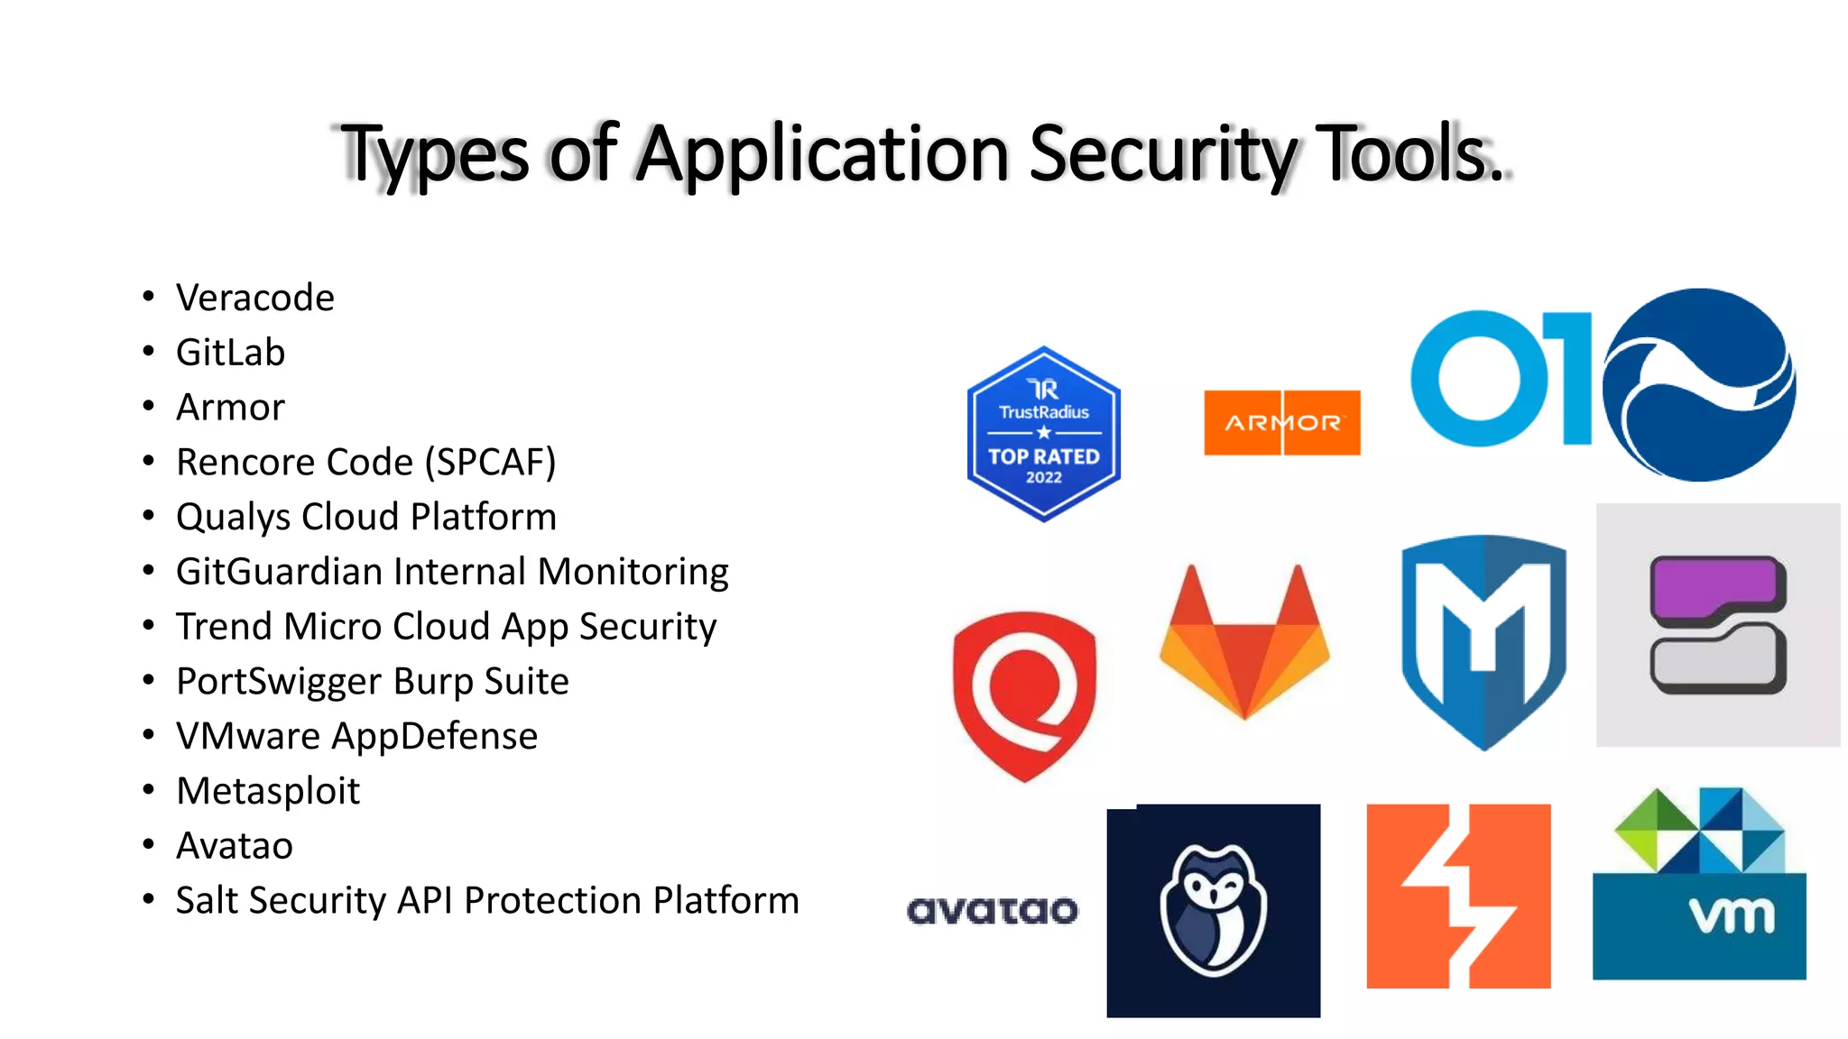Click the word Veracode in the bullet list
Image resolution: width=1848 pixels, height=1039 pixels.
pos(255,298)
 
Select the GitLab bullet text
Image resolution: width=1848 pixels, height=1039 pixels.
pos(230,353)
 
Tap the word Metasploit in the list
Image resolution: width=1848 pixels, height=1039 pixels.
pos(268,791)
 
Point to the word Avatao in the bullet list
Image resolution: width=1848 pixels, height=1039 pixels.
pos(235,846)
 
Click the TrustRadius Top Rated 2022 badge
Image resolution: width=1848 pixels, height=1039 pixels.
pos(1044,434)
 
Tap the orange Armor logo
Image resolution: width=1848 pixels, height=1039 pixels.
pos(1282,422)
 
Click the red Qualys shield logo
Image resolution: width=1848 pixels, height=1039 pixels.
pos(1025,694)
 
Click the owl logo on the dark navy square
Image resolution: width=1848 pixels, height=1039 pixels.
pos(1214,910)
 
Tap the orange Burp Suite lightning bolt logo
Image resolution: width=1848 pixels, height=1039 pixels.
pos(1458,896)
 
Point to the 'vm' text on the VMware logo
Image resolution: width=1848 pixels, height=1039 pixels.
pos(1732,916)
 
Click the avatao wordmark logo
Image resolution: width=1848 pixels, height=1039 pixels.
pos(993,910)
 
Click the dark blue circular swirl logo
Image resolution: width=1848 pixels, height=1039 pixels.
pos(1699,385)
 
